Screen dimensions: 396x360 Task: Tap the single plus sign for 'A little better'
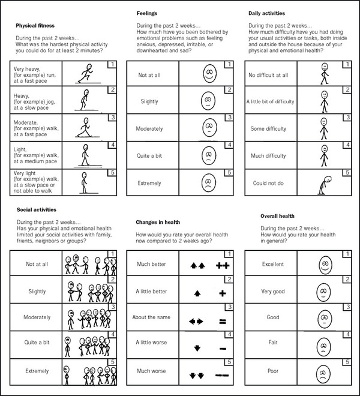(x=222, y=293)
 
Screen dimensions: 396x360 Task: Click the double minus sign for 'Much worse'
(x=221, y=373)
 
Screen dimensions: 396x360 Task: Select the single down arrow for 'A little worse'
(x=197, y=346)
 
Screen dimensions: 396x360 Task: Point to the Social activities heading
(x=35, y=210)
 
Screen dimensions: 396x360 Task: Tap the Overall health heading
(x=278, y=215)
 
